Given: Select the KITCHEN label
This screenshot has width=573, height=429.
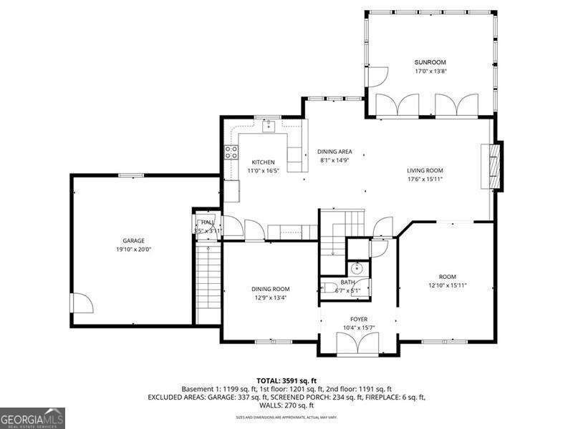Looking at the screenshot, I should tap(263, 162).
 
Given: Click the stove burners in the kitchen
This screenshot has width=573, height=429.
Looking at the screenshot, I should tap(232, 152).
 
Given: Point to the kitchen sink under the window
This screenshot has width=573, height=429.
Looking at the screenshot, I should tap(269, 127).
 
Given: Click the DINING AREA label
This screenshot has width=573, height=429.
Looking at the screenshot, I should tap(334, 152).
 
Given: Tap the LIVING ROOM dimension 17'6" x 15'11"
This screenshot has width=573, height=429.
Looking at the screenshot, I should tap(425, 179).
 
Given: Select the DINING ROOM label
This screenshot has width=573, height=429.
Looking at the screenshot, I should tap(270, 289).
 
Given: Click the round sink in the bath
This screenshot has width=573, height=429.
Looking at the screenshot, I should tap(356, 270).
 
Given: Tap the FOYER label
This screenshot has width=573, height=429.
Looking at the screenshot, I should tap(359, 319).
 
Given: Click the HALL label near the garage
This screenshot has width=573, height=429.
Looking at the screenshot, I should tap(208, 222).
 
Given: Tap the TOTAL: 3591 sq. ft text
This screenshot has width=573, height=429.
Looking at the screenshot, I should tap(286, 380).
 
